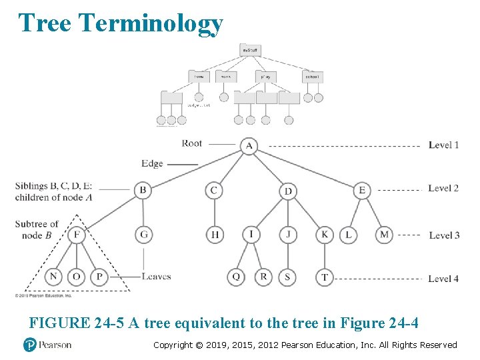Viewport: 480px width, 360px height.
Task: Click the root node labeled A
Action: (249, 146)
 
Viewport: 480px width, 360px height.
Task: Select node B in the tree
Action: (143, 191)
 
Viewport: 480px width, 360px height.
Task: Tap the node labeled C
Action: (214, 191)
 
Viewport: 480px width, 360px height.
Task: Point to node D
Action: (288, 191)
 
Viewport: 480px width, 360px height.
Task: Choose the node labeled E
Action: (362, 191)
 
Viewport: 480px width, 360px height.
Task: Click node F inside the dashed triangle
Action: (77, 235)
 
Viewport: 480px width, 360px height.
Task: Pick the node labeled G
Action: (143, 235)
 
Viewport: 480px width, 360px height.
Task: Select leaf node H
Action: (215, 235)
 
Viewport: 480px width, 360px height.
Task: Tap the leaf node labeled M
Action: (384, 235)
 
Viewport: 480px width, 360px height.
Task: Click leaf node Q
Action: (236, 277)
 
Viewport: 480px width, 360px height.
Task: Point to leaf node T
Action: (325, 277)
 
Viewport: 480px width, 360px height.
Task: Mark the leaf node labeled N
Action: (54, 277)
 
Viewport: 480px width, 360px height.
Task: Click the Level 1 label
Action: (443, 145)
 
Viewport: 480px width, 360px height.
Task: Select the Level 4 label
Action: (443, 279)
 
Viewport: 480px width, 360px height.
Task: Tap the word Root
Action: (191, 143)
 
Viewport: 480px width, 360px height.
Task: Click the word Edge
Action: (152, 163)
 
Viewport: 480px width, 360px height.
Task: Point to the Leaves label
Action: (157, 277)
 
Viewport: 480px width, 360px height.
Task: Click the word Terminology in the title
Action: (150, 23)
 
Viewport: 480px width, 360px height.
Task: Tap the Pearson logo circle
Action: (29, 345)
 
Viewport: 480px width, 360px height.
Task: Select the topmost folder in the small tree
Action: (250, 49)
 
